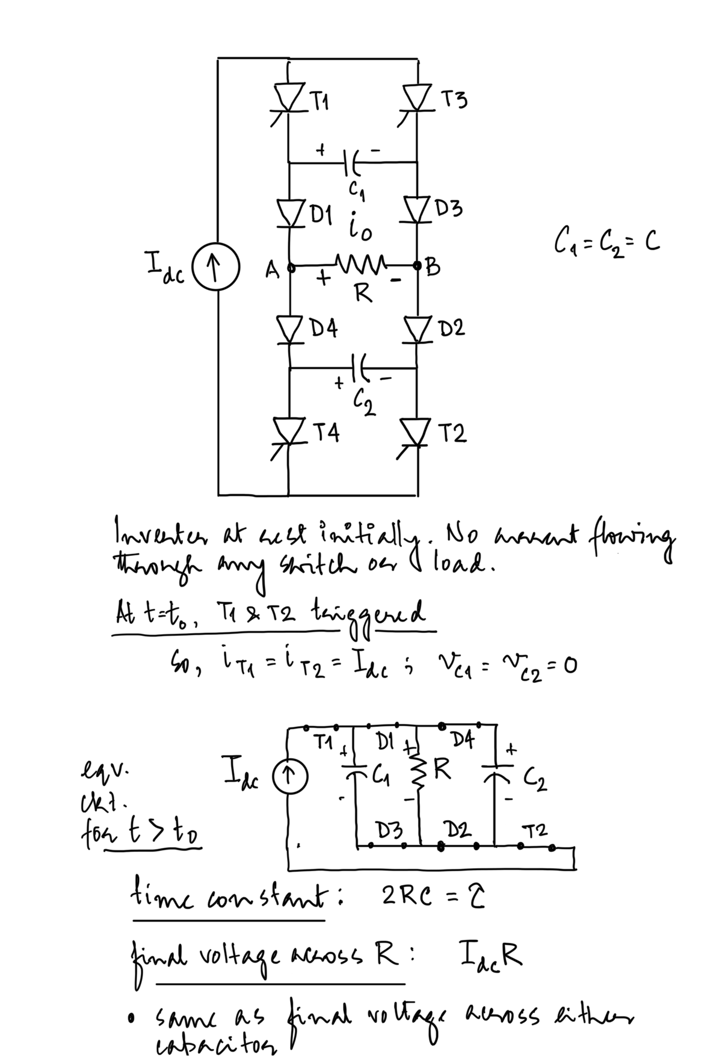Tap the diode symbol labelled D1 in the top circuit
[x=289, y=212]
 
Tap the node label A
[x=271, y=271]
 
